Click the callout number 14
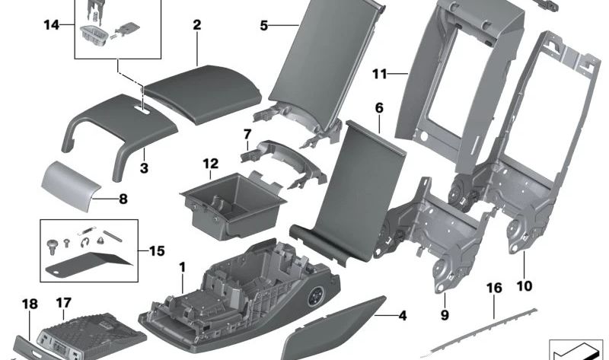click(x=51, y=26)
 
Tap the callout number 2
click(x=196, y=25)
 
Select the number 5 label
click(x=264, y=25)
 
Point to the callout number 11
click(x=381, y=74)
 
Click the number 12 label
click(x=210, y=163)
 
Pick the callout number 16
click(x=494, y=288)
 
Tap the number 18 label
click(x=29, y=304)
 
